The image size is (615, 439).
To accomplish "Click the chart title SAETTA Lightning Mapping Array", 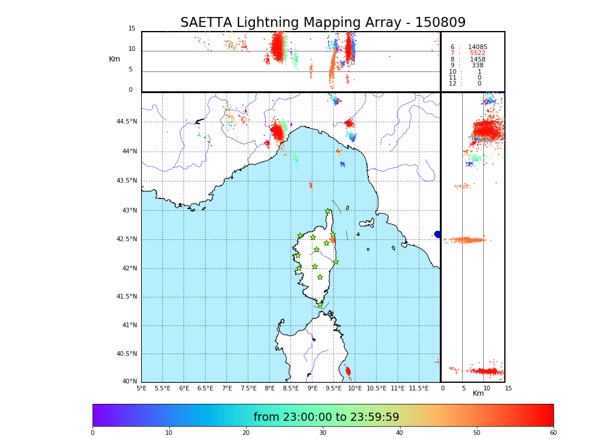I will pyautogui.click(x=323, y=23).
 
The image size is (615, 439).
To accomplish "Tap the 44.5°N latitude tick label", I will pyautogui.click(x=127, y=122).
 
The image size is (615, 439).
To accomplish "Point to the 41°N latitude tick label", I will pyautogui.click(x=128, y=325).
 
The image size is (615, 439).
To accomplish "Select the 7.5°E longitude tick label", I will pyautogui.click(x=248, y=388).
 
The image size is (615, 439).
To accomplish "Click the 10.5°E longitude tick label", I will pyautogui.click(x=377, y=388).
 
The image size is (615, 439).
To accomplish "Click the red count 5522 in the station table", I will pyautogui.click(x=477, y=53).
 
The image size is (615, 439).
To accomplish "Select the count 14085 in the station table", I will pyautogui.click(x=477, y=47).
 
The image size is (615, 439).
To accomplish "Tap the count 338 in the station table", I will pyautogui.click(x=477, y=66).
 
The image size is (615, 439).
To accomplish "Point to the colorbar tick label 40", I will pyautogui.click(x=399, y=433).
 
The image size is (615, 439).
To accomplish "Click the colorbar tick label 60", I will pyautogui.click(x=553, y=433).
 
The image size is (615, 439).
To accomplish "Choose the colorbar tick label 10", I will pyautogui.click(x=169, y=433).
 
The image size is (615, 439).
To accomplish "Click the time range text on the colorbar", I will pyautogui.click(x=326, y=417).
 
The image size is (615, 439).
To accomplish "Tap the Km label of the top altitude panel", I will pyautogui.click(x=114, y=59).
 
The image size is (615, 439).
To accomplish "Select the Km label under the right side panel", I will pyautogui.click(x=478, y=393).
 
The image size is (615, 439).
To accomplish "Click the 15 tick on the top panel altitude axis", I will pyautogui.click(x=132, y=29).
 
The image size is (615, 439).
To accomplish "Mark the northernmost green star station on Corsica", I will pyautogui.click(x=328, y=211).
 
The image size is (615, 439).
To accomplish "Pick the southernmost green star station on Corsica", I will pyautogui.click(x=320, y=304).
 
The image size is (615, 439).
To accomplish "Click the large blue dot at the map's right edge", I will pyautogui.click(x=437, y=234).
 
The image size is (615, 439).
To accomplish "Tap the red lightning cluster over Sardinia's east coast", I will pyautogui.click(x=348, y=371).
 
